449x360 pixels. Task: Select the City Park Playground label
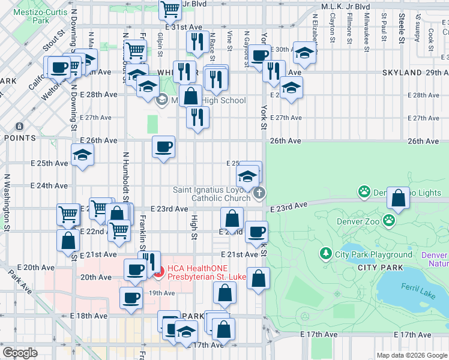373,254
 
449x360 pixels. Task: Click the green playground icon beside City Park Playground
326,254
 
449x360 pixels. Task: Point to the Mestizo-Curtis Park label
41,15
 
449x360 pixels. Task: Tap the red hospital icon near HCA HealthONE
159,275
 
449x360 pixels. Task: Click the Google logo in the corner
20,353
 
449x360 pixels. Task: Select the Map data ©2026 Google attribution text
411,355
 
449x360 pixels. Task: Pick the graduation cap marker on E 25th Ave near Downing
82,155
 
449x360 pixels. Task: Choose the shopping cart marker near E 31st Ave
171,10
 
